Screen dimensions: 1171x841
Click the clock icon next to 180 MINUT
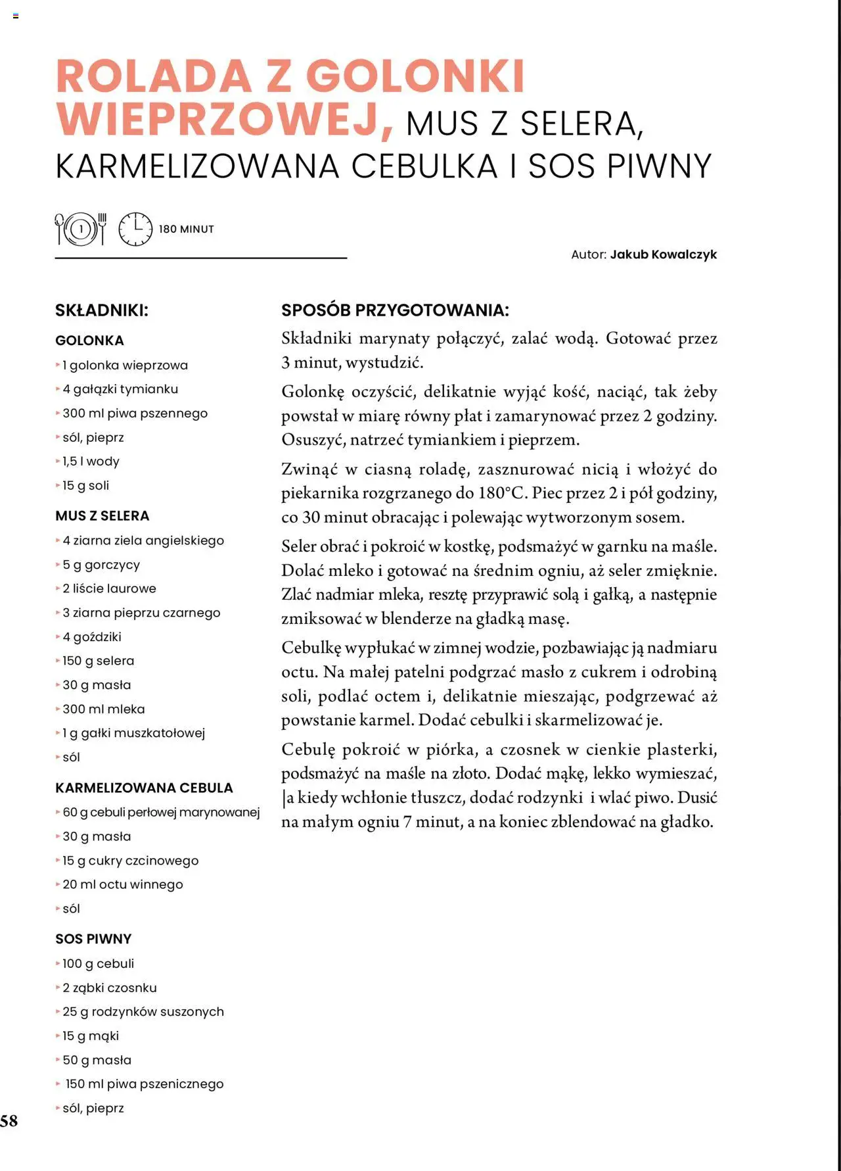point(135,229)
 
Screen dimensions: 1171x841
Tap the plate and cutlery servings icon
point(81,229)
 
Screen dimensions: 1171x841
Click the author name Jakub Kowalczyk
point(663,254)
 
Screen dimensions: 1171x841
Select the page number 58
point(9,1121)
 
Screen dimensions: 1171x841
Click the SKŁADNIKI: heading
point(102,310)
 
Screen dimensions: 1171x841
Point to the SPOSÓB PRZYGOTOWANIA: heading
point(395,310)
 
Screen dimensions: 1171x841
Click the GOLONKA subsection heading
point(89,341)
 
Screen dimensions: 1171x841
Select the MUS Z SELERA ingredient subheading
point(102,516)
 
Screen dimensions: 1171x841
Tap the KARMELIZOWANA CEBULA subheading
point(144,788)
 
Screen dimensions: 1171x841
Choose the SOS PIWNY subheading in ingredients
point(93,939)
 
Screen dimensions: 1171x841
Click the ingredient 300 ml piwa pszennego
point(135,414)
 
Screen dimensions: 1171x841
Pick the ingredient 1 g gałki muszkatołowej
point(133,733)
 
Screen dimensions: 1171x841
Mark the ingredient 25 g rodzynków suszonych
point(143,1012)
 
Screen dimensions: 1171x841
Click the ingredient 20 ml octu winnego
point(122,884)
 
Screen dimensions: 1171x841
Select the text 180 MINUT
point(187,229)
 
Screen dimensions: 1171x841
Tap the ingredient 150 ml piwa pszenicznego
point(144,1084)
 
